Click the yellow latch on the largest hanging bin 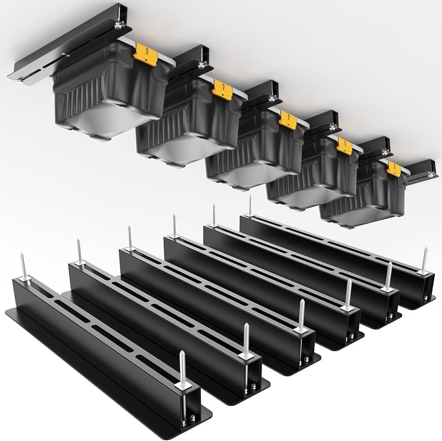click(145, 54)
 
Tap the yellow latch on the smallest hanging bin click(394, 168)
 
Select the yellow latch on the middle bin click(287, 119)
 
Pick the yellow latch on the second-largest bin click(222, 89)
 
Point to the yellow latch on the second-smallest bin click(344, 145)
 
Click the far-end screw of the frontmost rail click(23, 267)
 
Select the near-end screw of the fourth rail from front click(348, 295)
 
